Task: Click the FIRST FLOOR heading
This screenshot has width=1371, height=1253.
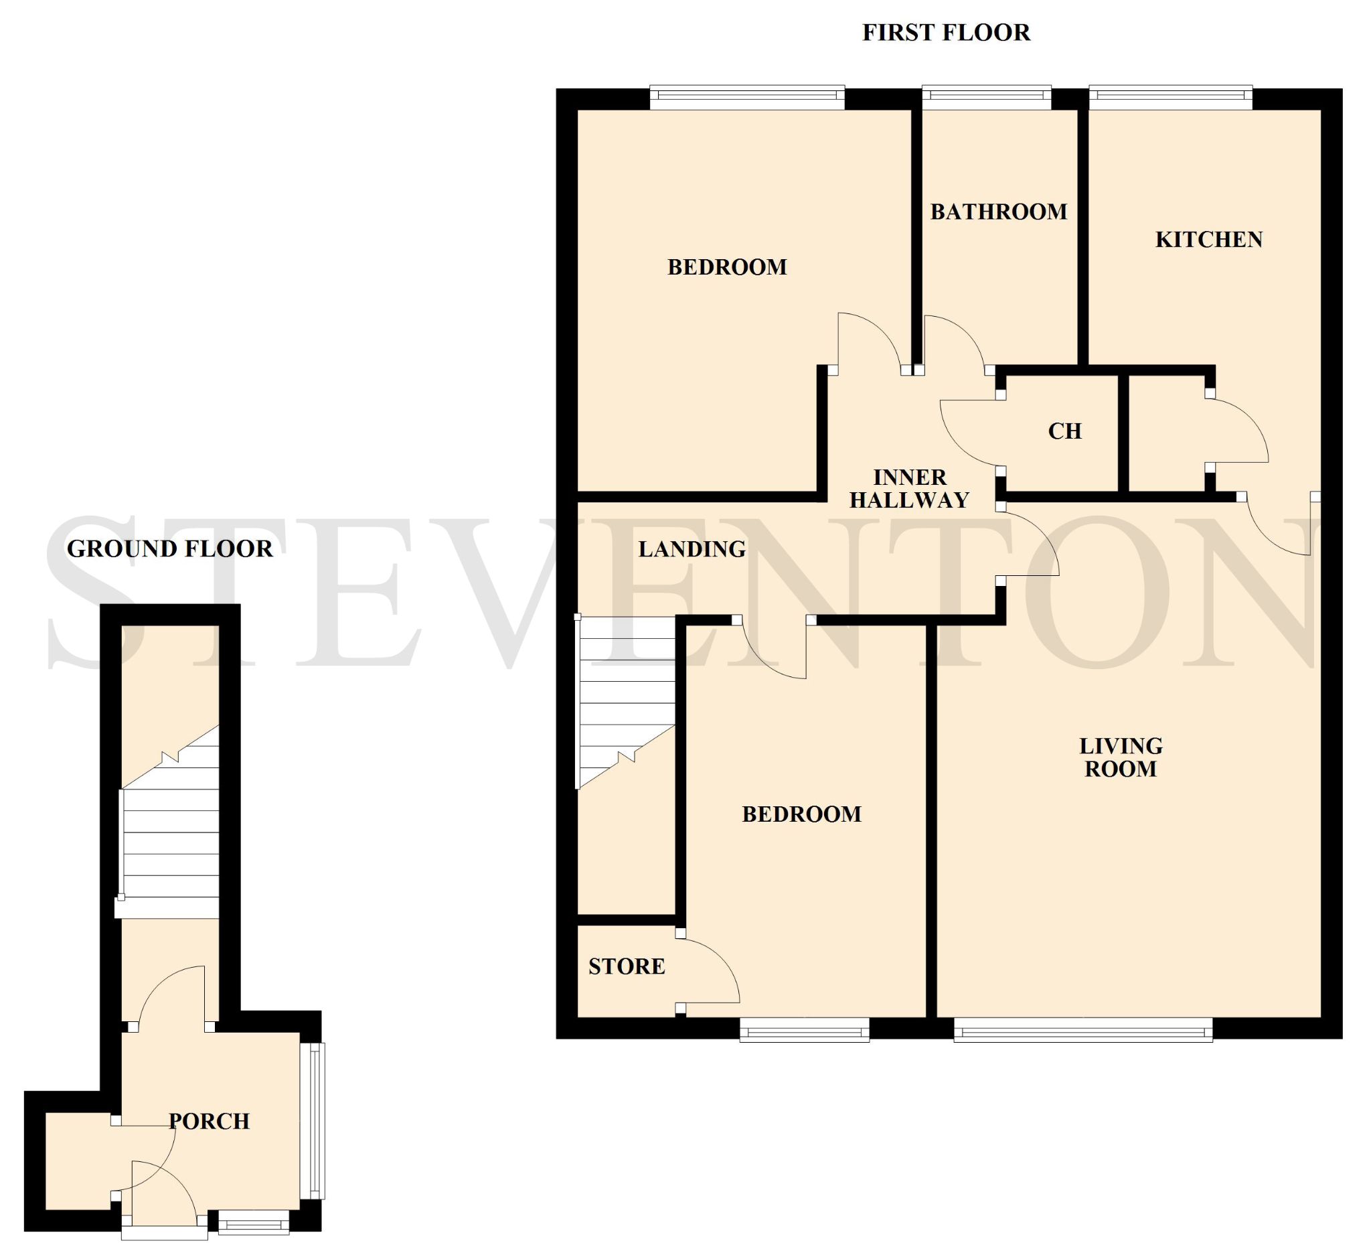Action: click(946, 33)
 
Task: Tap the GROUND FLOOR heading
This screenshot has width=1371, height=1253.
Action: click(170, 548)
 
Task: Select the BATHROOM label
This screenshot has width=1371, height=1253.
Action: click(998, 212)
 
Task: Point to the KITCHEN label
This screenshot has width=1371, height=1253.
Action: click(1208, 240)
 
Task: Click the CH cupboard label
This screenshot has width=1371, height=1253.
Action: click(1065, 431)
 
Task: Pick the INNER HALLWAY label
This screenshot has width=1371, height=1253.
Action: click(909, 489)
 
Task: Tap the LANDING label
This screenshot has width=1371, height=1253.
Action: click(692, 549)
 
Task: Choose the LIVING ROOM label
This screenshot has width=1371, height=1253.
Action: click(1121, 758)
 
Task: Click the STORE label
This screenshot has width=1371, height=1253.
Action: click(627, 966)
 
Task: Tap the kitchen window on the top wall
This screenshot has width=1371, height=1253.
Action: click(1170, 97)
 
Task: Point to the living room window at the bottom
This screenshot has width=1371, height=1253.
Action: click(1083, 1029)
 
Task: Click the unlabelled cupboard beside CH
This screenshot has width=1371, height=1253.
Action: click(1165, 433)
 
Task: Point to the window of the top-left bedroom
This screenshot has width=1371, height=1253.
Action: click(747, 97)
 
